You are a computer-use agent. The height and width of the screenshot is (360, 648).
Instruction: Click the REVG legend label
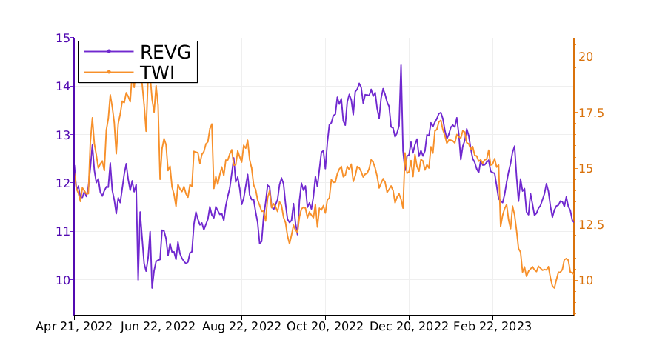click(165, 52)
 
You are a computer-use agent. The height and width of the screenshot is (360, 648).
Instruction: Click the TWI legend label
click(157, 72)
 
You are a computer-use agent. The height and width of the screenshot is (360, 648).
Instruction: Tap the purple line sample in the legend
click(109, 52)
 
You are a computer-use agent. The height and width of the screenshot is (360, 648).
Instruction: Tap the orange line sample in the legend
click(109, 72)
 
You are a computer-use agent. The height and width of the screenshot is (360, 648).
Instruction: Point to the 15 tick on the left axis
click(63, 38)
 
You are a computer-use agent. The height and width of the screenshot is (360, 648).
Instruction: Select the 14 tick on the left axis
click(63, 86)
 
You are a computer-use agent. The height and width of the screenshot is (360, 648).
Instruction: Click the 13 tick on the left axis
click(63, 135)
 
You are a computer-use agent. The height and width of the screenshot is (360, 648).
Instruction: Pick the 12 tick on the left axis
click(63, 183)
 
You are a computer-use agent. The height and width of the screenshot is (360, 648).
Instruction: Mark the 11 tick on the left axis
click(63, 231)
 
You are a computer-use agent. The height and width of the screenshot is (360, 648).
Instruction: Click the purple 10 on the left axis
click(63, 280)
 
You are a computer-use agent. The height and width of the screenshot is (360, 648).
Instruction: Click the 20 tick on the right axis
click(585, 56)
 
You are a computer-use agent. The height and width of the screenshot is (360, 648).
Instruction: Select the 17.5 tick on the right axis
click(590, 113)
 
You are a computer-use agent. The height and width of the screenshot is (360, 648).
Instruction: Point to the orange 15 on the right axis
click(585, 168)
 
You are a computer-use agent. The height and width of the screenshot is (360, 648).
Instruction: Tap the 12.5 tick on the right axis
click(590, 224)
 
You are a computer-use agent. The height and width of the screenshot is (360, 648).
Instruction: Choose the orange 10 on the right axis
click(585, 280)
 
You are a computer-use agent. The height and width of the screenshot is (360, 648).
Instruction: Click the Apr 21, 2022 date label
click(74, 327)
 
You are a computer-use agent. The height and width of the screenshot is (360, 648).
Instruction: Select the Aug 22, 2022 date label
click(241, 327)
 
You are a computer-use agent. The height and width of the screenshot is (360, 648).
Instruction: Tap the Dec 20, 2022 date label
click(410, 327)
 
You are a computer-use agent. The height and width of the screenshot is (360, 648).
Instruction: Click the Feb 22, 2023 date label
click(492, 327)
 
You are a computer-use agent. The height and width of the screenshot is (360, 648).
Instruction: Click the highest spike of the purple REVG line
click(401, 65)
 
